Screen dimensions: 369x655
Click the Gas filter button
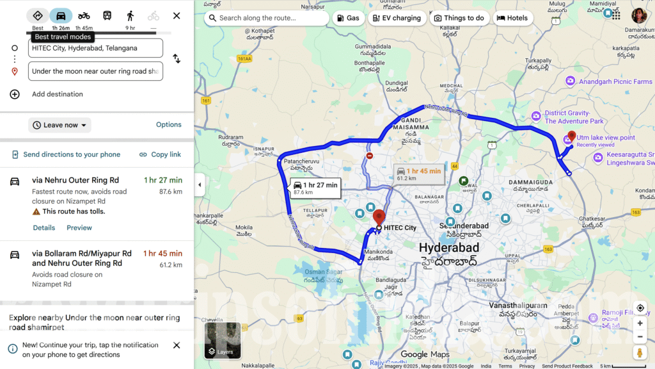pyautogui.click(x=348, y=18)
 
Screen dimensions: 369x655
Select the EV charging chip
pyautogui.click(x=397, y=18)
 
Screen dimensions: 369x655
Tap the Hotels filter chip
pyautogui.click(x=512, y=18)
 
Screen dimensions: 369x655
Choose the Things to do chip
pyautogui.click(x=459, y=18)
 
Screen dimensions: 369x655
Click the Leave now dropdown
pyautogui.click(x=59, y=125)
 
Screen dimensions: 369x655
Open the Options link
pyautogui.click(x=169, y=125)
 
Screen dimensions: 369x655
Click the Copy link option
pyautogui.click(x=160, y=154)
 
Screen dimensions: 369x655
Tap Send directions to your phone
pyautogui.click(x=66, y=154)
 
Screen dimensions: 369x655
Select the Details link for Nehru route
pyautogui.click(x=44, y=227)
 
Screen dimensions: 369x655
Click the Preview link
pyautogui.click(x=79, y=227)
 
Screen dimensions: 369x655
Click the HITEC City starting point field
pyautogui.click(x=96, y=48)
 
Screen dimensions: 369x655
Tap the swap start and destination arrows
pyautogui.click(x=177, y=59)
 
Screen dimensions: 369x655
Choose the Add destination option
pyautogui.click(x=57, y=94)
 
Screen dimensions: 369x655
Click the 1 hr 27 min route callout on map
pyautogui.click(x=315, y=188)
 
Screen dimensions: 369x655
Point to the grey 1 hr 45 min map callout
pyautogui.click(x=419, y=174)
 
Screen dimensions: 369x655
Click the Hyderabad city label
pyautogui.click(x=448, y=247)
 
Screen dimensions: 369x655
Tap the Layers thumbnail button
pyautogui.click(x=223, y=340)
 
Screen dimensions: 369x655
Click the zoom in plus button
pyautogui.click(x=640, y=324)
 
